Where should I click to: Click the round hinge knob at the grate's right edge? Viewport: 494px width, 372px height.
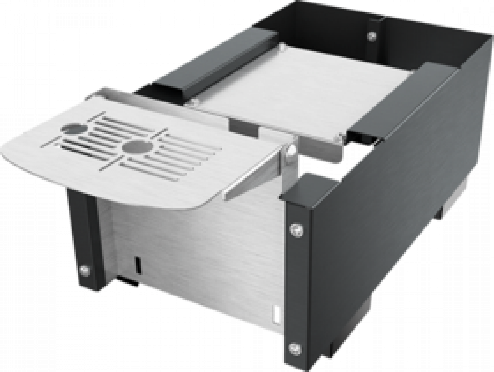(290, 151)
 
